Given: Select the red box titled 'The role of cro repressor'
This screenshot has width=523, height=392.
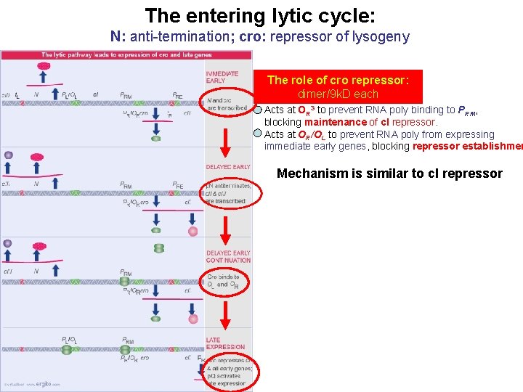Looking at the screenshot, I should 338,86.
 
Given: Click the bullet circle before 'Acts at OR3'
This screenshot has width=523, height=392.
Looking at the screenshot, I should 258,110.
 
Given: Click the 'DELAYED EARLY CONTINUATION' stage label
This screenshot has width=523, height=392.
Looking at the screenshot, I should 227,256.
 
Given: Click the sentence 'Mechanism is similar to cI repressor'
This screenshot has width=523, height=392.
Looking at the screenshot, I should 389,173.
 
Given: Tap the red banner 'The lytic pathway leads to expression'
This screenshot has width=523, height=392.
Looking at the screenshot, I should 127,54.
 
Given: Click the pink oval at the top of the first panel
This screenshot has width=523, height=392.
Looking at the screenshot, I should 44,66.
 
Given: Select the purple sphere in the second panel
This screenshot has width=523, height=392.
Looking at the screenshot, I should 9,155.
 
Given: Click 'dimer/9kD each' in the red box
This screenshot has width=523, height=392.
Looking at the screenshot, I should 338,94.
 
